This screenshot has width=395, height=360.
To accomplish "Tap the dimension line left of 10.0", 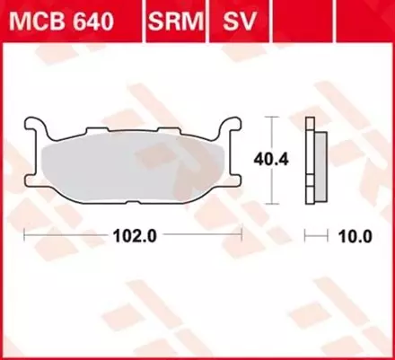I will point(319,235).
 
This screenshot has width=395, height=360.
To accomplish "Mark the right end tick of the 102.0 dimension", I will point(242,235).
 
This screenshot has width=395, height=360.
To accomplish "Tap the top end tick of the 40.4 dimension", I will point(272,118).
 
